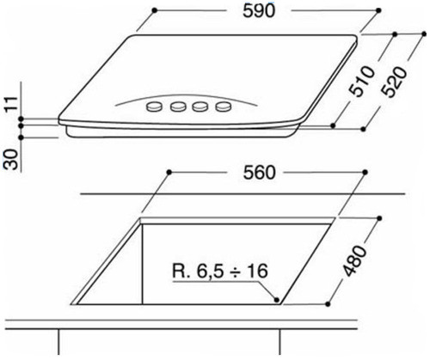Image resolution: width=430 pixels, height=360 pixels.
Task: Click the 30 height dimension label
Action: click(x=9, y=157)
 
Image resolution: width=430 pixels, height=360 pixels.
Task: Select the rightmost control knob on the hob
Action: click(x=225, y=107)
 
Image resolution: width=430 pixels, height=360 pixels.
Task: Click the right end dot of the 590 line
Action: click(x=378, y=12)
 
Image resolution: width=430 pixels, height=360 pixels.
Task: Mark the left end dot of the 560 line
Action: click(x=170, y=173)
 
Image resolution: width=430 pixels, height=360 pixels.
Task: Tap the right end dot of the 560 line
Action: click(x=361, y=173)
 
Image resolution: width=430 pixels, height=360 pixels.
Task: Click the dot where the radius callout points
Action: click(x=276, y=301)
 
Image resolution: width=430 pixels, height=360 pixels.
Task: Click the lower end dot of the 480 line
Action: click(x=332, y=301)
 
